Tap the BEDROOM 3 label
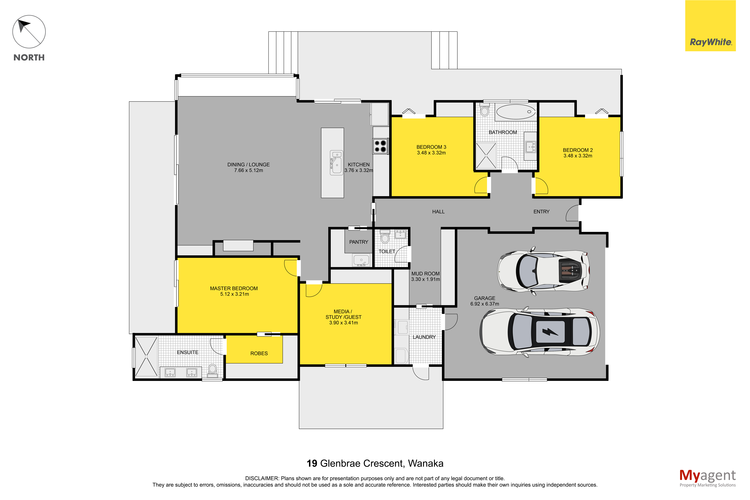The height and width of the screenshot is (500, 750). pos(431,147)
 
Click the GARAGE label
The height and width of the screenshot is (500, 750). pos(484,298)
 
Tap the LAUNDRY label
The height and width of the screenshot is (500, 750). pos(424,337)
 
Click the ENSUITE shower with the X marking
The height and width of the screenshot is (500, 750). pos(146,357)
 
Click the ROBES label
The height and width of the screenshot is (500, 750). pos(259,353)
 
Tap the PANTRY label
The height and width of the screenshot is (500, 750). pos(359,242)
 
